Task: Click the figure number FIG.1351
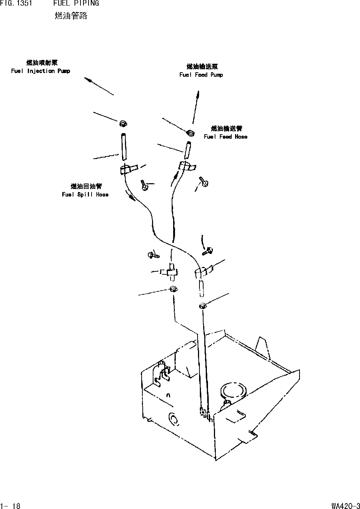pos(16,3)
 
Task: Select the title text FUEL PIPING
pos(76,3)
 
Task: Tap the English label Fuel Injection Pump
pos(40,71)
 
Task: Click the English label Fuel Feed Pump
pos(201,75)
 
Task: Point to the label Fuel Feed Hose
pos(225,137)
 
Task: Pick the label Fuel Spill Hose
pos(85,195)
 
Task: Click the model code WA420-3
pos(346,506)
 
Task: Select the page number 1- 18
pos(10,506)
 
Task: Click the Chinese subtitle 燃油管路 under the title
pos(71,16)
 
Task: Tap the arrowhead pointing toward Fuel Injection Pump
pos(87,79)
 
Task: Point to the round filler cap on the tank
pos(233,390)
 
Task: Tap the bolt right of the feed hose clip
pos(204,182)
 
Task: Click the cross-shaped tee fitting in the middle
pos(171,272)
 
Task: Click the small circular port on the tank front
pos(173,419)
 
